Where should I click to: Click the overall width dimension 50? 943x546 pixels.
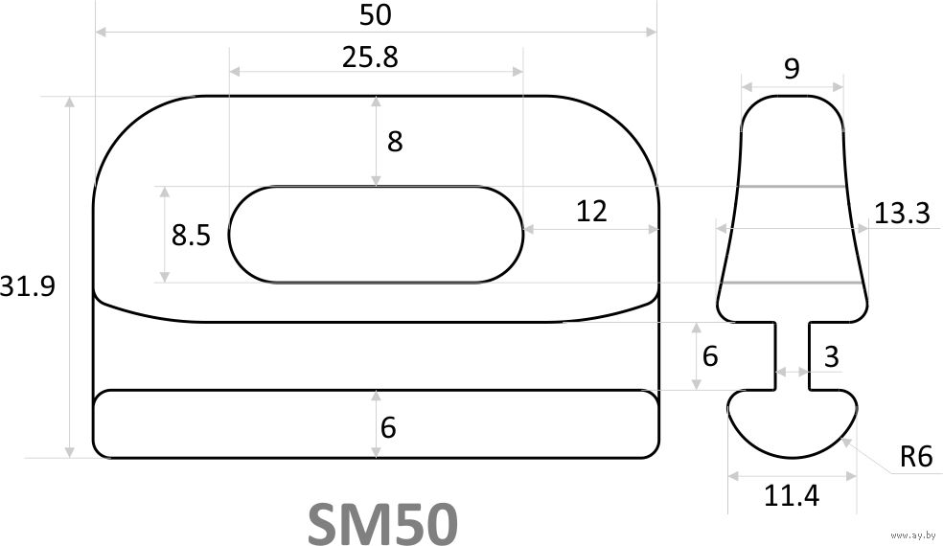376,15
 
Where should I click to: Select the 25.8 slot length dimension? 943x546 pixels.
371,57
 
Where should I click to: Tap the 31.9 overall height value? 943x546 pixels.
27,286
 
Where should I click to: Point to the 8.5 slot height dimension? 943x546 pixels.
192,235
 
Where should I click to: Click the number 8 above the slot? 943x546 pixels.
395,142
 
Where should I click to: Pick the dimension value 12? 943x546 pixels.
591,211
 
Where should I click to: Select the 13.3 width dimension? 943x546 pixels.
902,214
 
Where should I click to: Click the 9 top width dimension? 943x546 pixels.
792,69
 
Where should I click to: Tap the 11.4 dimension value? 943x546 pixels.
792,496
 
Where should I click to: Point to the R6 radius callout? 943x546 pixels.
916,458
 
